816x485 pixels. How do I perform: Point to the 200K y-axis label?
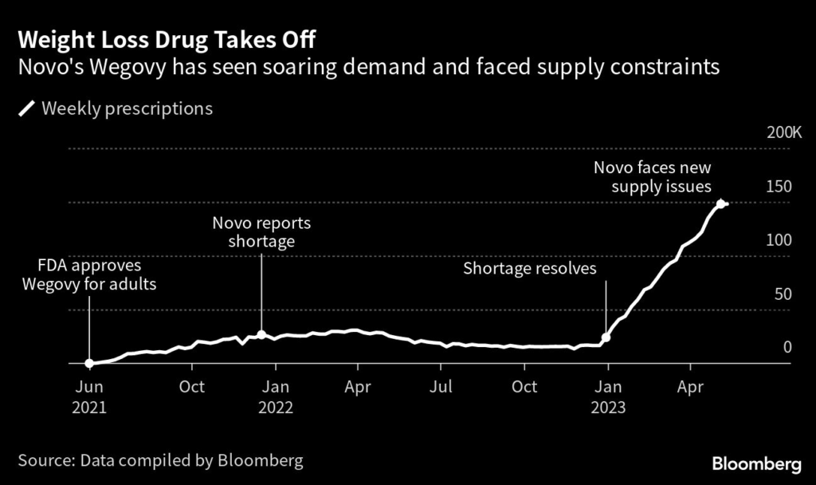click(x=784, y=132)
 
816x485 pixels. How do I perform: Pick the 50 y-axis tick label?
click(x=783, y=294)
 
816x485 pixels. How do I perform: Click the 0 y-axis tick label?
click(x=787, y=347)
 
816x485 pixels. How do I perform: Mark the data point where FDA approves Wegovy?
click(x=89, y=363)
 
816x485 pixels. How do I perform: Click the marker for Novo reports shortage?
click(x=261, y=335)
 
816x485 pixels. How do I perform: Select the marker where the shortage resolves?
click(x=606, y=337)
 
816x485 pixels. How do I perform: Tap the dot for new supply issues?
click(x=721, y=203)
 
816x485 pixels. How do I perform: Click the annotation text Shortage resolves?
click(x=530, y=269)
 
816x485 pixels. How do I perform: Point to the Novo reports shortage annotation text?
click(x=261, y=231)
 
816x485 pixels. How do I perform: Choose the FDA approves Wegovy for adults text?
click(x=89, y=274)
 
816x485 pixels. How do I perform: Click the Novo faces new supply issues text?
click(x=653, y=177)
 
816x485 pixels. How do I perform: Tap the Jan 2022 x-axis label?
click(x=276, y=396)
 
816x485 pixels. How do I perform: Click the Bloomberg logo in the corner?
click(x=756, y=463)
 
